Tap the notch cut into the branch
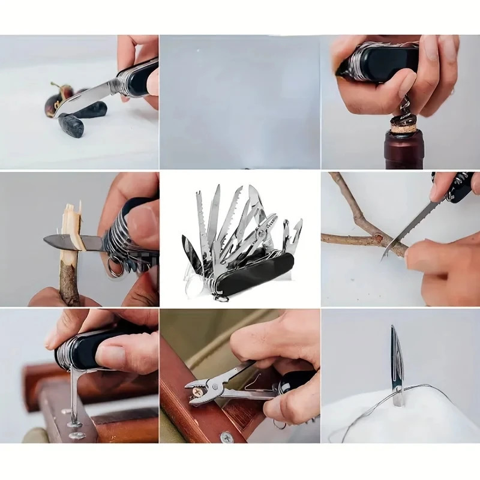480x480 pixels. click(x=379, y=241)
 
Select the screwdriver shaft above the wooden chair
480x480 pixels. click(x=73, y=393)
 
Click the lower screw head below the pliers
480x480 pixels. click(x=226, y=436)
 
